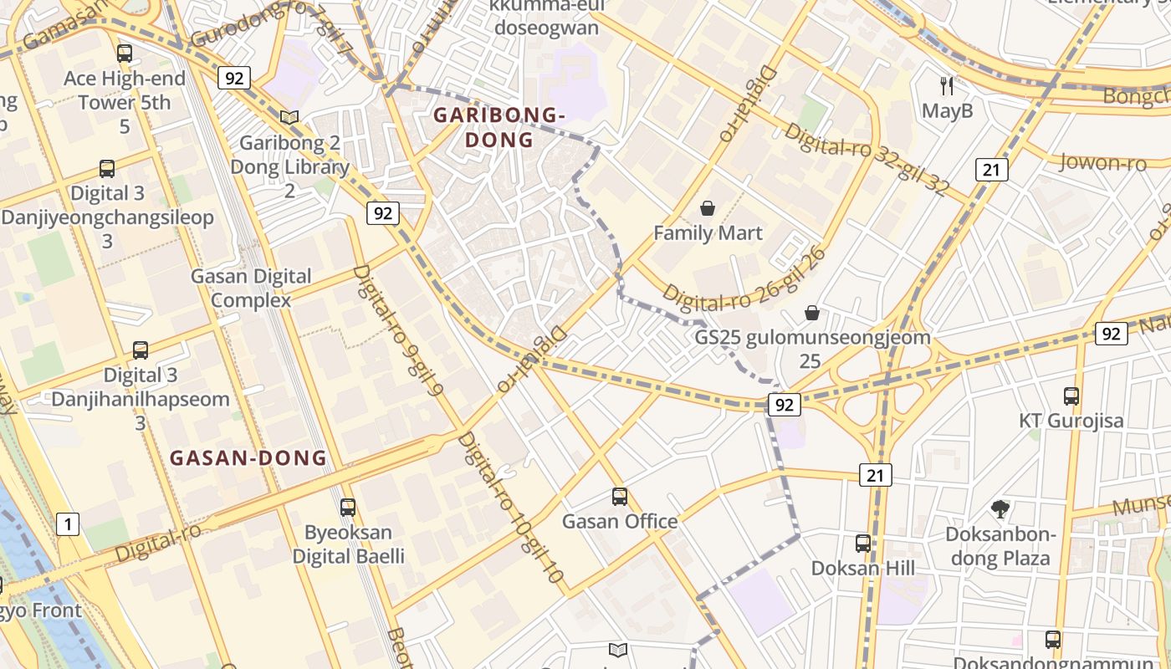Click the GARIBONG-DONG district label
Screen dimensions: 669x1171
pyautogui.click(x=499, y=127)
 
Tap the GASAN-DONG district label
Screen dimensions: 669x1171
pyautogui.click(x=248, y=457)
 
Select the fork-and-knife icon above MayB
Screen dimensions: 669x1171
pyautogui.click(x=947, y=85)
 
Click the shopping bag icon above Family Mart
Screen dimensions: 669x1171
pyautogui.click(x=708, y=208)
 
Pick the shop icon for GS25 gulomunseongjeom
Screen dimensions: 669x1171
pyautogui.click(x=811, y=314)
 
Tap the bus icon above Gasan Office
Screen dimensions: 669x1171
pyautogui.click(x=619, y=497)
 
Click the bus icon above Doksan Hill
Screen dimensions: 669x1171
pyautogui.click(x=862, y=544)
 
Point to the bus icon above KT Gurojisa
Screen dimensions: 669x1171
pyautogui.click(x=1071, y=396)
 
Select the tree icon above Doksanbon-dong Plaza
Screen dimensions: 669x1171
pyautogui.click(x=1000, y=509)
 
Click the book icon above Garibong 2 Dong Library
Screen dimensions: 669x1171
pyautogui.click(x=289, y=118)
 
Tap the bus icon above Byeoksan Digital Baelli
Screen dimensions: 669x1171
pyautogui.click(x=348, y=507)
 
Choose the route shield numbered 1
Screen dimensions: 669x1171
pyautogui.click(x=68, y=524)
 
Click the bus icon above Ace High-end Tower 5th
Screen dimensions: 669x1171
pyautogui.click(x=125, y=54)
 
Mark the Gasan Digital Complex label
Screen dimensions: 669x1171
pyautogui.click(x=251, y=288)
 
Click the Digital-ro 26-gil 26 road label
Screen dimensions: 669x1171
pyautogui.click(x=745, y=276)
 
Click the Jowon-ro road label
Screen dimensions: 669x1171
pyautogui.click(x=1102, y=162)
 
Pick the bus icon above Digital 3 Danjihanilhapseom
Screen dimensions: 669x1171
pyautogui.click(x=141, y=350)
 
